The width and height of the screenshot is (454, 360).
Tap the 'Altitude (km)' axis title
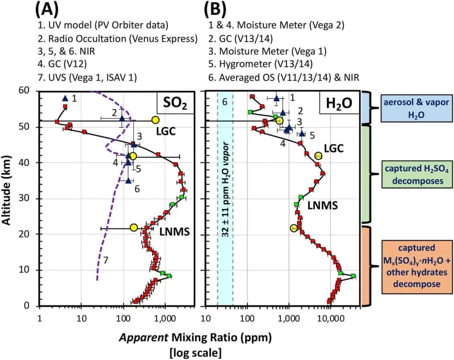7,198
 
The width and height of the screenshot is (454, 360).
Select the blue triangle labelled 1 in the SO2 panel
65,98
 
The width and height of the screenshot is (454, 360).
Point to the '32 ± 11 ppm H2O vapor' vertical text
225,197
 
